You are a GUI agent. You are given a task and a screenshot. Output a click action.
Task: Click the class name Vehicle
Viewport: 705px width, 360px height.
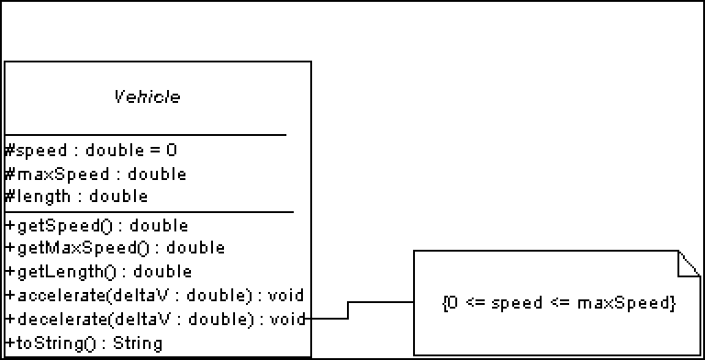pos(147,96)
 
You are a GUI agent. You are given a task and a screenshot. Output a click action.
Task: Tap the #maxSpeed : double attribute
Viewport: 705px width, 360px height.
pos(95,174)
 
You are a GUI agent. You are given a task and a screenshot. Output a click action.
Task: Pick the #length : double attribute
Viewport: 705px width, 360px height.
pos(76,197)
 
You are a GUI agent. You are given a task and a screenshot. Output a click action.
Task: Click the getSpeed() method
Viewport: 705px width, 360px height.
pos(96,226)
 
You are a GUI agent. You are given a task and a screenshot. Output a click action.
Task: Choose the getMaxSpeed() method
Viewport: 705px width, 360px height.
pos(115,248)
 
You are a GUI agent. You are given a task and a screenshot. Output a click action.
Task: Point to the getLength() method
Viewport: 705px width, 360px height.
pos(98,272)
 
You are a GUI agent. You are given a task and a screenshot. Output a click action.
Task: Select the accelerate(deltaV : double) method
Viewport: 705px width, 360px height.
pos(154,296)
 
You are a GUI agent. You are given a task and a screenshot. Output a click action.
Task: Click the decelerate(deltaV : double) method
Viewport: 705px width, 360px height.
pos(154,320)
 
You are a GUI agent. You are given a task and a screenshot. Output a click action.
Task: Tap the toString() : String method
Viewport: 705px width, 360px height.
pos(84,343)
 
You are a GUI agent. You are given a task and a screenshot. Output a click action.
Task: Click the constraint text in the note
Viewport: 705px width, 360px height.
pos(558,303)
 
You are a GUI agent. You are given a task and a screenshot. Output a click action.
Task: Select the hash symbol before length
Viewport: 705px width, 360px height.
pos(10,197)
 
